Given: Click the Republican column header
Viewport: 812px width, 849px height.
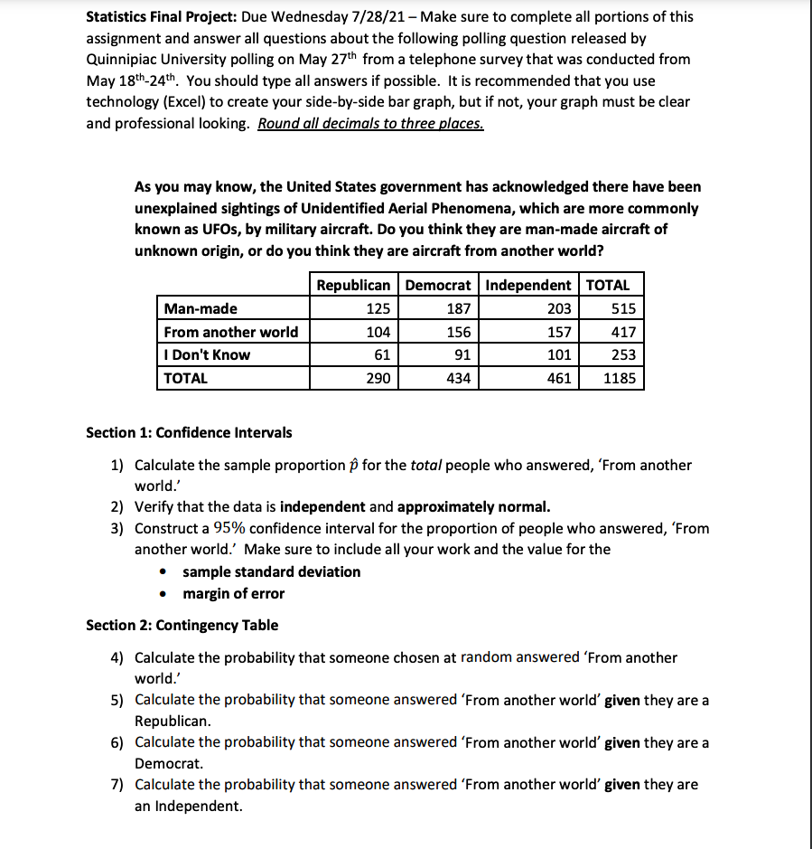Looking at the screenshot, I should pyautogui.click(x=353, y=286).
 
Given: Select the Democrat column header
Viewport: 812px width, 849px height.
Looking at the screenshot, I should pyautogui.click(x=438, y=286).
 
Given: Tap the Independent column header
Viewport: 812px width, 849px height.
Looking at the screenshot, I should pyautogui.click(x=528, y=286).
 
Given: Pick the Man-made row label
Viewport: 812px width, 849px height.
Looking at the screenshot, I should pyautogui.click(x=201, y=309).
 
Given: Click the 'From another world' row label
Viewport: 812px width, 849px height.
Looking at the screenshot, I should pyautogui.click(x=231, y=332).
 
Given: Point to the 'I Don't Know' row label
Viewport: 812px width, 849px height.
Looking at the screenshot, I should pyautogui.click(x=208, y=355).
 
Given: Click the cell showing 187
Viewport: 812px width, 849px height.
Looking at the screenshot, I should pyautogui.click(x=459, y=309).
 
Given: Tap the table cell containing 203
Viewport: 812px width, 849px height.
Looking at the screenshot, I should pyautogui.click(x=559, y=309).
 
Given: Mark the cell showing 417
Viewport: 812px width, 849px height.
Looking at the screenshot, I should pyautogui.click(x=623, y=332).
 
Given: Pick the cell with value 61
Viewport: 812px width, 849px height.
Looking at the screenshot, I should pyautogui.click(x=382, y=355).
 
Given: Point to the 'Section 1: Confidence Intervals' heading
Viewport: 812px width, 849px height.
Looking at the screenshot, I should pyautogui.click(x=189, y=432).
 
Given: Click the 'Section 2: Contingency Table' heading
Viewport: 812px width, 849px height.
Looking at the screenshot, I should pyautogui.click(x=182, y=625).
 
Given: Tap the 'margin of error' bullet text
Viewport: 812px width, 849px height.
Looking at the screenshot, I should pyautogui.click(x=233, y=594).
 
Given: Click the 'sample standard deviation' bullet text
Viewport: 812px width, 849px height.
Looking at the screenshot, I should pyautogui.click(x=271, y=571).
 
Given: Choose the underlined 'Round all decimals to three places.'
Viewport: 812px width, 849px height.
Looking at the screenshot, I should pyautogui.click(x=370, y=124).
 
